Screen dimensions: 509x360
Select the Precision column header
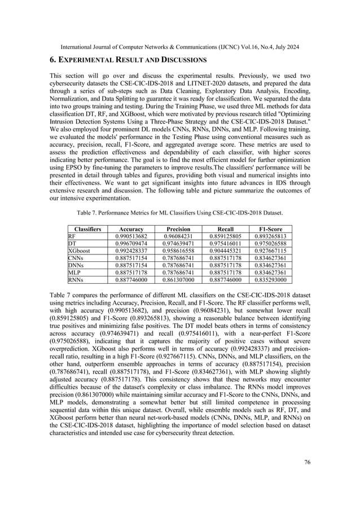(179, 230)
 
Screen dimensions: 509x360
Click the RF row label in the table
(72, 237)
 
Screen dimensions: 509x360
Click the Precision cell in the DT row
(179, 244)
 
